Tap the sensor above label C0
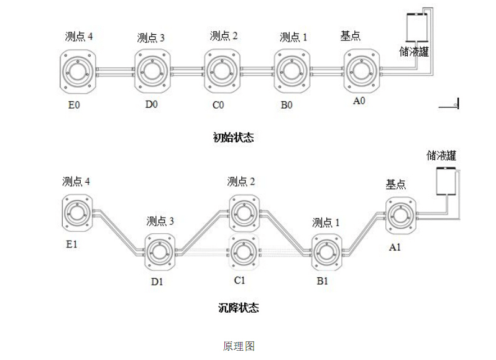point(221,70)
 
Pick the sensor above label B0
point(292,70)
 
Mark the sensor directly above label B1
point(326,252)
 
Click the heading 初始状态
point(233,137)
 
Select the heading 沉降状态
point(239,307)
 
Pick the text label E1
point(71,244)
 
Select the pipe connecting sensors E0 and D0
point(114,70)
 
